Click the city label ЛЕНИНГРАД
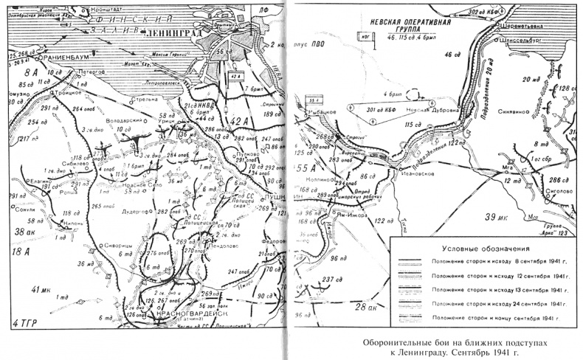click(x=171, y=33)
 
